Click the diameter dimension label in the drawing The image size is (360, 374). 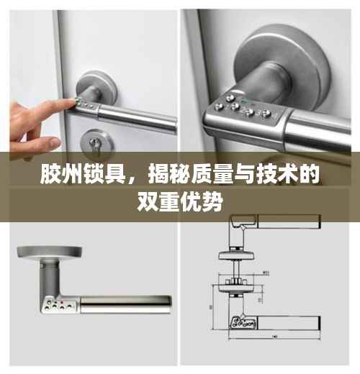tap(266, 273)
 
